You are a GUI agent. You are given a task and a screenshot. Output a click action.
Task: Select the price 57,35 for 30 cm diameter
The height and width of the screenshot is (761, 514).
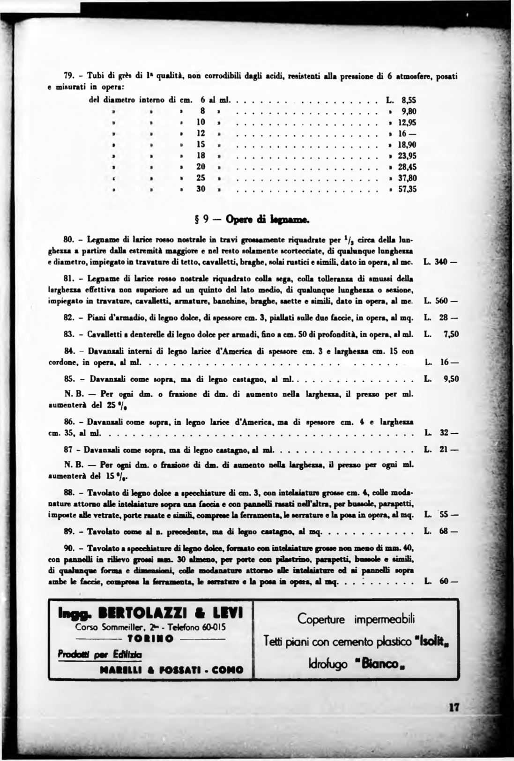407,189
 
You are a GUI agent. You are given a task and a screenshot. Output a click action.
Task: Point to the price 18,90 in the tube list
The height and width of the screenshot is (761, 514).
407,145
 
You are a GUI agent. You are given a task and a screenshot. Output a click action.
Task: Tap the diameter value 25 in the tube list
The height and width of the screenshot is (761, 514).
201,178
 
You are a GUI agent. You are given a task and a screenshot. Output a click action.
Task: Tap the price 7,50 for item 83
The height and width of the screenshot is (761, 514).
450,334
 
